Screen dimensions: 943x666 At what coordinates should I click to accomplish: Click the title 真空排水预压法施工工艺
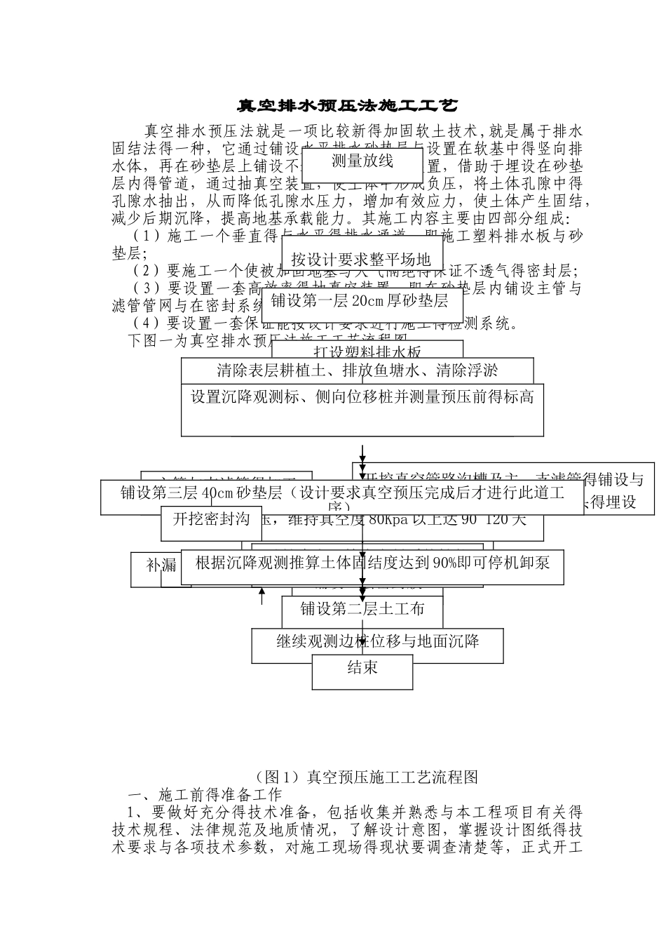point(348,106)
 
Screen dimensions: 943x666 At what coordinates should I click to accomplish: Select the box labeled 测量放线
point(362,161)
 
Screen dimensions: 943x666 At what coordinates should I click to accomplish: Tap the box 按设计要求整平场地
point(362,259)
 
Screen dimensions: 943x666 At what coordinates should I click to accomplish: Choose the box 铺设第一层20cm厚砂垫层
point(360,302)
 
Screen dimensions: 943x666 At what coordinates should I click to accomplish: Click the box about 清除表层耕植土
point(358,370)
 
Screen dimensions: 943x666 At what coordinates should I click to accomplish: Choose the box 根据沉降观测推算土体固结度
point(372,563)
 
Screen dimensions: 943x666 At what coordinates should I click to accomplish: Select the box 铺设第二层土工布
point(362,609)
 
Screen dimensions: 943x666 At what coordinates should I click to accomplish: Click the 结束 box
point(362,668)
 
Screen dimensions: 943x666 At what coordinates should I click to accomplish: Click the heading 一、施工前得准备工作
point(205,794)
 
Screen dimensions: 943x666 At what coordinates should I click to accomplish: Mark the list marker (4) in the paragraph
point(146,323)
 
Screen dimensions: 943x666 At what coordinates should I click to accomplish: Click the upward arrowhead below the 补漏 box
point(261,593)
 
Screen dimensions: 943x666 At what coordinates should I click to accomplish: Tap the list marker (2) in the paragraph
point(146,271)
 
